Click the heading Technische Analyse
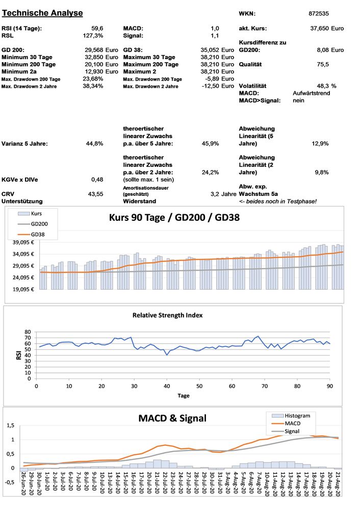(x=42, y=13)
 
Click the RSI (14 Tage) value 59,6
(x=97, y=29)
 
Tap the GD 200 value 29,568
(x=94, y=50)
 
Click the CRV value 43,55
(x=95, y=194)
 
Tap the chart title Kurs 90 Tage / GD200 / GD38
(x=174, y=217)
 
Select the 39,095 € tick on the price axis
(x=22, y=243)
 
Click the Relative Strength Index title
(x=167, y=315)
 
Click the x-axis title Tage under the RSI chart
(x=183, y=395)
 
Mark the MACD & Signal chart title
(x=172, y=418)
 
